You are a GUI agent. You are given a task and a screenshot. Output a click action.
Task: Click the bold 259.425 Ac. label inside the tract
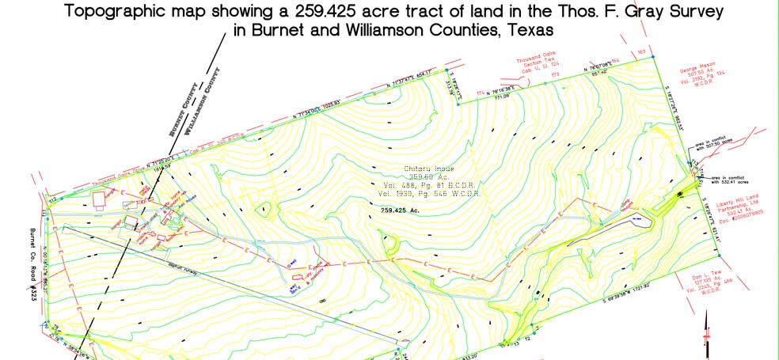point(398,211)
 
